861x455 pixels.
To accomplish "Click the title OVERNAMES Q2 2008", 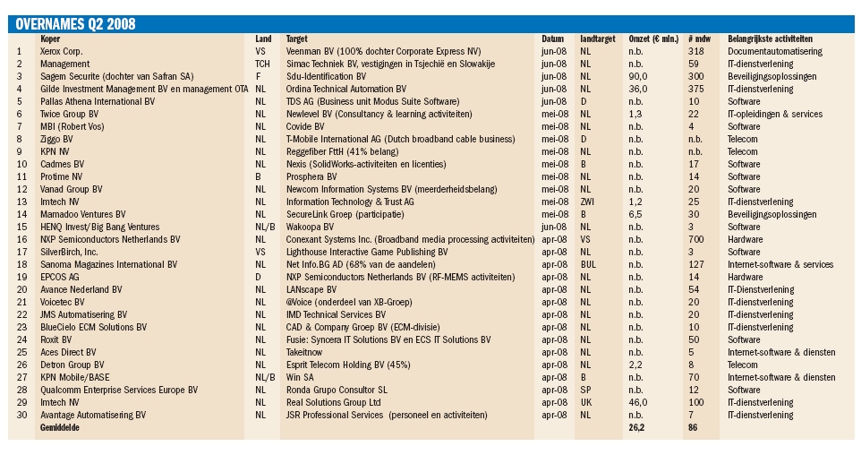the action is click(75, 24).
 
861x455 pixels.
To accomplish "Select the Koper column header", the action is click(50, 39).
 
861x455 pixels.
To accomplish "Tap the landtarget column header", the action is click(598, 39).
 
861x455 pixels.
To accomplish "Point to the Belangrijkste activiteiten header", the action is click(770, 39).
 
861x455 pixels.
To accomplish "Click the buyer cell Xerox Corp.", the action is click(62, 52).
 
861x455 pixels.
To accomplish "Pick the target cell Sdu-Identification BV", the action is click(326, 76).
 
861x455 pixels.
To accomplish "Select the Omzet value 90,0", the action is click(638, 76).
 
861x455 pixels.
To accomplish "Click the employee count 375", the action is click(695, 89).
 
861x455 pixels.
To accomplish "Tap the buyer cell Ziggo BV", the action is click(56, 139).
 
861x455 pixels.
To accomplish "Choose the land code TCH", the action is click(262, 64).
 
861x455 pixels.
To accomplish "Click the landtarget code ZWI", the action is click(587, 202).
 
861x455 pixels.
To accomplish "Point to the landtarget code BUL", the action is click(588, 264).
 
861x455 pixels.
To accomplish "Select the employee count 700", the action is click(695, 239).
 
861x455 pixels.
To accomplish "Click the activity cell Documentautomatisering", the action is click(775, 52).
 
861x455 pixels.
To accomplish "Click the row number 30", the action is click(22, 416).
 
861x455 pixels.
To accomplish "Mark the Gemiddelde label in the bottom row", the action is click(59, 427).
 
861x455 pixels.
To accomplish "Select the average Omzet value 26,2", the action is click(636, 427).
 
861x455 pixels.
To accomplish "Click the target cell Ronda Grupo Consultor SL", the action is click(337, 391).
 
